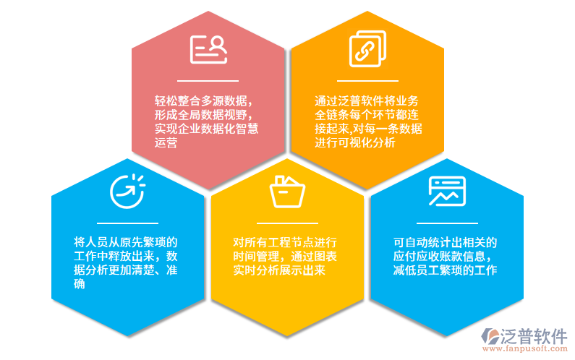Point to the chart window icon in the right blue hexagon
click(x=446, y=191)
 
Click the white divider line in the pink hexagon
click(x=208, y=81)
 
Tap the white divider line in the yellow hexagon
click(x=287, y=223)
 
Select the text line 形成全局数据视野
click(x=203, y=115)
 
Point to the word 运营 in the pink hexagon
click(x=166, y=142)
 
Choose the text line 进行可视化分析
click(x=355, y=142)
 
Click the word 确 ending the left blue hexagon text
click(x=80, y=284)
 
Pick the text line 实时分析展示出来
click(x=278, y=270)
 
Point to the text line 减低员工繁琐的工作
click(x=445, y=270)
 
